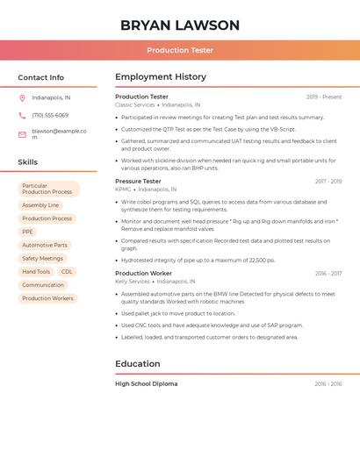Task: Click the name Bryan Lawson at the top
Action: (x=180, y=25)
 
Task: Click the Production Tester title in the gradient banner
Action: (x=180, y=50)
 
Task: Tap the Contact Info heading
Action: (x=41, y=77)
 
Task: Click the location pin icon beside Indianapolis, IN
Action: (x=22, y=97)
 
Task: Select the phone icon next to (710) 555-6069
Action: (x=22, y=116)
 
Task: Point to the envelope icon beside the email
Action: (x=22, y=134)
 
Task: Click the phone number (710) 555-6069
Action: (x=50, y=116)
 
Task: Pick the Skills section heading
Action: (x=28, y=162)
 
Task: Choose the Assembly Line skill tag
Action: (x=40, y=205)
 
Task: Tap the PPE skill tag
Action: (x=28, y=232)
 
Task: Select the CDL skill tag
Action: (x=67, y=272)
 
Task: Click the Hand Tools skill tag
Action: (x=36, y=272)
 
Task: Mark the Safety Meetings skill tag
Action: (x=42, y=259)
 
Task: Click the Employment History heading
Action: (x=161, y=77)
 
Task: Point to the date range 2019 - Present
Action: (x=324, y=97)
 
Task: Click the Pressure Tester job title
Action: (x=138, y=181)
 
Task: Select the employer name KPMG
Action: (x=123, y=189)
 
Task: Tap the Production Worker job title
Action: (x=143, y=273)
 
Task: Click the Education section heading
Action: (x=138, y=363)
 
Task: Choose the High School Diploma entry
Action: (x=146, y=383)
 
